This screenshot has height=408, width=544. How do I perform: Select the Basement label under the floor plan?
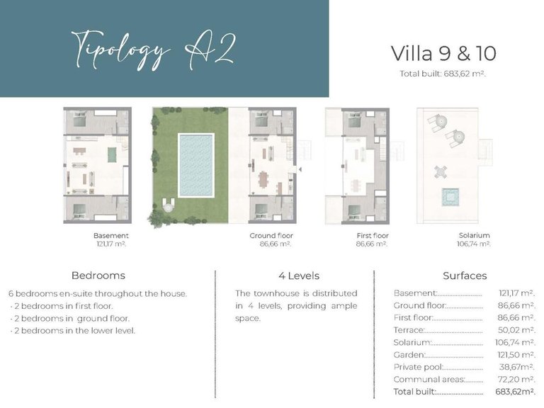click(110, 235)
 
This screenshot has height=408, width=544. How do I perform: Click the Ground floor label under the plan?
click(271, 235)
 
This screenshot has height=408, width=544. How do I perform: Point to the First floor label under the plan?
click(371, 235)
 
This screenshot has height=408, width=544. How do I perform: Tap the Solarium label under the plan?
click(474, 235)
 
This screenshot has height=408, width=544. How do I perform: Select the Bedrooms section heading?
click(98, 276)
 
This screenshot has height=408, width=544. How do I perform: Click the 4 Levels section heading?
click(299, 276)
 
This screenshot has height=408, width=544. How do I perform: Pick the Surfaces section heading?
click(465, 276)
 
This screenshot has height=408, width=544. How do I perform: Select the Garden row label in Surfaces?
click(409, 355)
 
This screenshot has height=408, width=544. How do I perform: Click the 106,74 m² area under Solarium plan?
click(474, 244)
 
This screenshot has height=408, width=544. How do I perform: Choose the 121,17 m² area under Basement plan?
click(110, 244)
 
